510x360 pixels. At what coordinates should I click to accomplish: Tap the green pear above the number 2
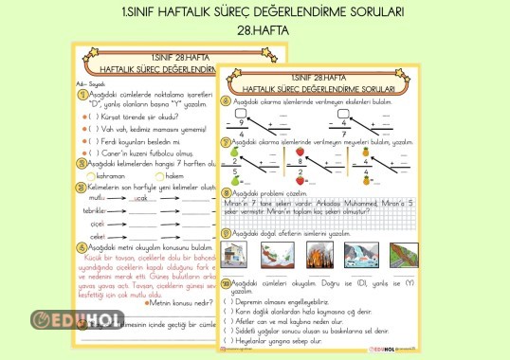click(234, 151)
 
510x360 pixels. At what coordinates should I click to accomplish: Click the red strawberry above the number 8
click(301, 151)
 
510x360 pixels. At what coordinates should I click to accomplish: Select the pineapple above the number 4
click(365, 151)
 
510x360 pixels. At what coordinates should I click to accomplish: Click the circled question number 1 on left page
click(81, 95)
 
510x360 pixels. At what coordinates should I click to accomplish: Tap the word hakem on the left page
click(173, 175)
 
